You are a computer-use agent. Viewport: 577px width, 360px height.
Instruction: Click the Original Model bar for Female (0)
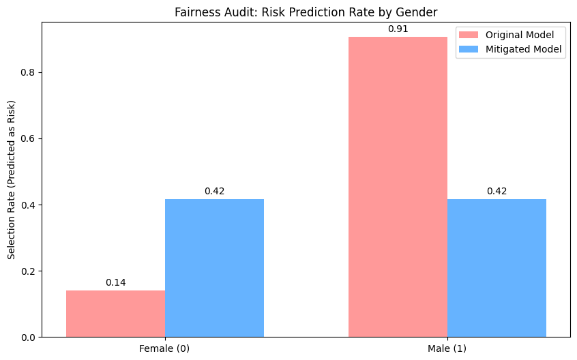coord(115,314)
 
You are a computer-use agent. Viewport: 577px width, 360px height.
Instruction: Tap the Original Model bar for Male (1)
coord(398,187)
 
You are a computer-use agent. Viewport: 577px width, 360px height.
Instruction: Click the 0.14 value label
coord(115,282)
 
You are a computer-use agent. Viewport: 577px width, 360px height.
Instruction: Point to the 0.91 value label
coord(398,29)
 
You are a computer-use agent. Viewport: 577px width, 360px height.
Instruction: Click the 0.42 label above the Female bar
coord(214,191)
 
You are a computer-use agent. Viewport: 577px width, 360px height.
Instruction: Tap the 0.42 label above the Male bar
coord(497,191)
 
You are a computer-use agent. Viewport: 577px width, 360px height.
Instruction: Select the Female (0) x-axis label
coord(164,348)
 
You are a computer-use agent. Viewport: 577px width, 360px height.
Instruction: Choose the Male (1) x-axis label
coord(447,348)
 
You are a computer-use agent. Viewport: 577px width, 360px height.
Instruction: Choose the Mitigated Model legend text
coord(524,49)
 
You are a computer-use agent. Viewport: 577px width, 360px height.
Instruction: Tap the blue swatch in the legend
coord(470,49)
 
